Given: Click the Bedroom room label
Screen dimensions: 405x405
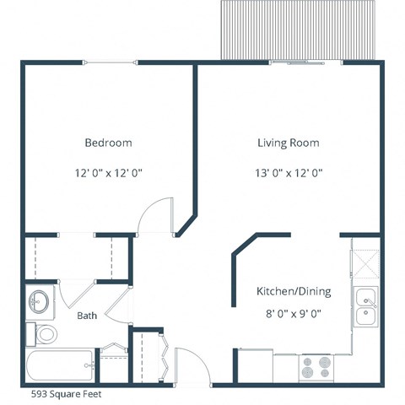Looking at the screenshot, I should tap(108, 143).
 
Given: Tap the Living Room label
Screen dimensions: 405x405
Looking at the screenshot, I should tap(289, 143).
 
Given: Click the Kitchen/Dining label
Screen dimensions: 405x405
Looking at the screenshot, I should tap(293, 292).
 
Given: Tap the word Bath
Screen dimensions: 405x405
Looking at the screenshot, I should tap(87, 316).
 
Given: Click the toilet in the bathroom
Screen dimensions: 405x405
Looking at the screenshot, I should tap(43, 333).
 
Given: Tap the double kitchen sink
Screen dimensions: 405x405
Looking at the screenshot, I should tap(365, 306).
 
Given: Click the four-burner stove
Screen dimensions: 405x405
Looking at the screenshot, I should tap(316, 368).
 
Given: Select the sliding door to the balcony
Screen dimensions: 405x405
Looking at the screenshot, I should tap(304, 62).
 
